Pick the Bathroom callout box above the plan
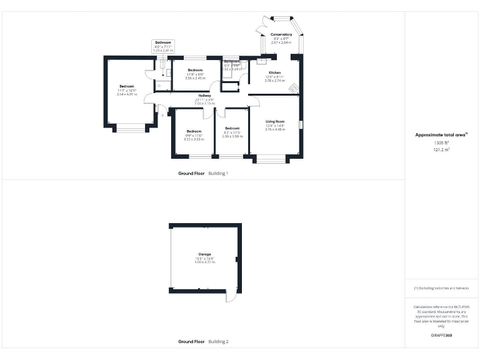(x=163, y=46)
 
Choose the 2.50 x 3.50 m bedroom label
(x=232, y=132)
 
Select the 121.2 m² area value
(x=442, y=151)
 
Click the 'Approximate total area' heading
(x=441, y=134)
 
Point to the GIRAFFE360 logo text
(x=441, y=336)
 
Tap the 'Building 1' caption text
(x=218, y=172)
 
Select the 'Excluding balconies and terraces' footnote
(x=441, y=288)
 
